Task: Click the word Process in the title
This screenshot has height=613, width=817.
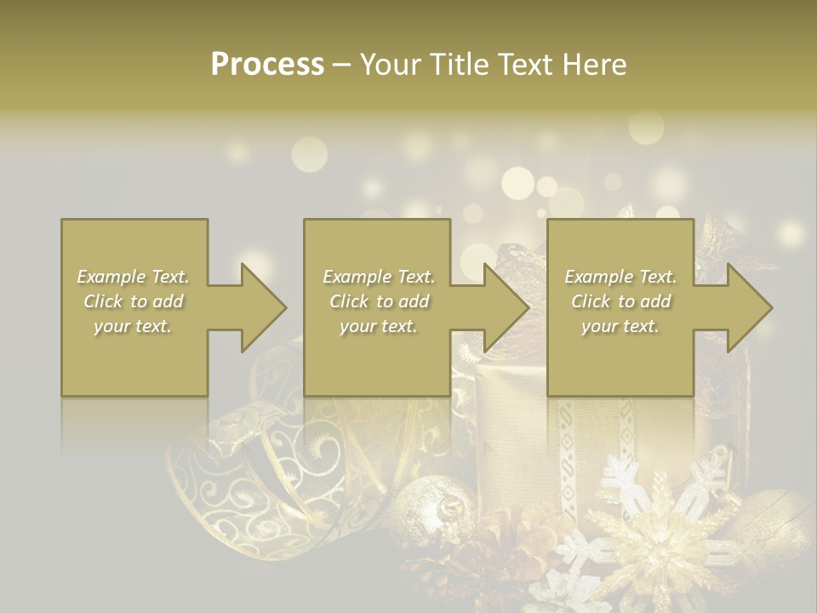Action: point(267,65)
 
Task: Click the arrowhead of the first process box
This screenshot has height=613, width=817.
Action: point(263,307)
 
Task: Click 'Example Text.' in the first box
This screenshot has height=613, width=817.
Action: point(134,277)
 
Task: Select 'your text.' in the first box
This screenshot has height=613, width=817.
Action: point(134,326)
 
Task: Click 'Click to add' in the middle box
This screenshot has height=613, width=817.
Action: point(379,301)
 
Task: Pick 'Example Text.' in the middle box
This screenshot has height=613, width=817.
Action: point(379,277)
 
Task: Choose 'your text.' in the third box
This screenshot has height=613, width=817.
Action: point(620,326)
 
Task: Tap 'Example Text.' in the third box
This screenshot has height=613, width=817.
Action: point(620,277)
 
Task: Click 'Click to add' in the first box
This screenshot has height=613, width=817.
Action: point(134,301)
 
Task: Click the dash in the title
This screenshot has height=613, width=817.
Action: point(341,65)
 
